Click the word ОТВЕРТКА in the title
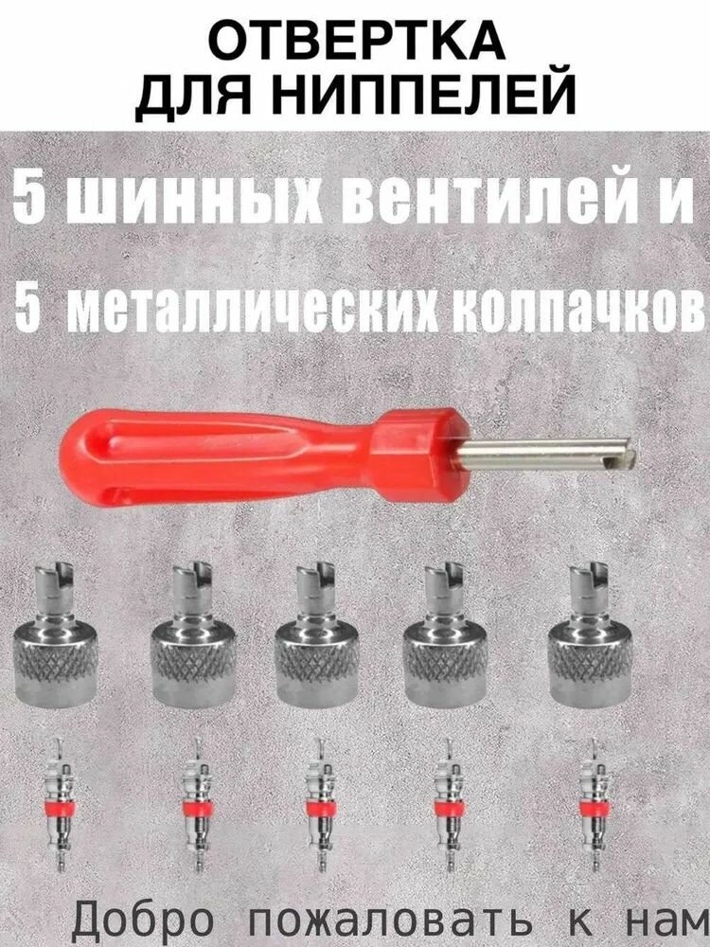pos(355,42)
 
